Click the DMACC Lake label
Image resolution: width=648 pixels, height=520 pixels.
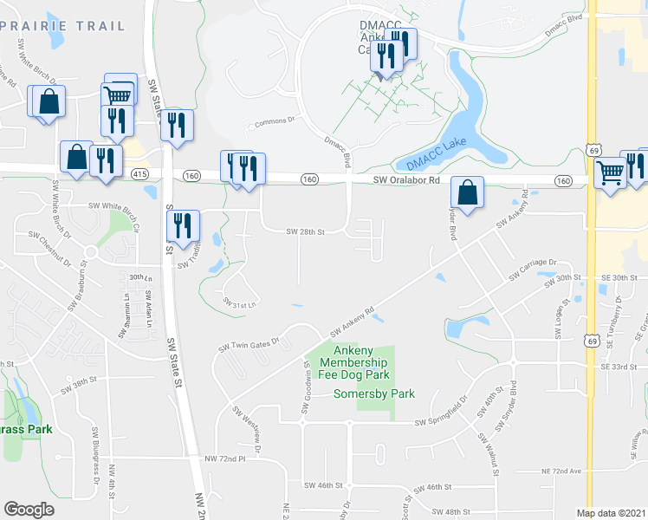pyautogui.click(x=437, y=153)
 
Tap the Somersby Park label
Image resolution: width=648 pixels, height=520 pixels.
pyautogui.click(x=374, y=393)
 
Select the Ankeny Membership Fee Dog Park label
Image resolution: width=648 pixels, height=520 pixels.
pyautogui.click(x=354, y=361)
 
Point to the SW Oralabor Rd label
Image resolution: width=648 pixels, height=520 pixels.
pyautogui.click(x=407, y=181)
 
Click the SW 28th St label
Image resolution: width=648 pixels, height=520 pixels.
pyautogui.click(x=305, y=231)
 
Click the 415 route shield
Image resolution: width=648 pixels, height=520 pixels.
pyautogui.click(x=139, y=175)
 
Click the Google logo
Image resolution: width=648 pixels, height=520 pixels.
pyautogui.click(x=29, y=510)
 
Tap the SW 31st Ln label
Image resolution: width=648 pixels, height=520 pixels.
pyautogui.click(x=240, y=303)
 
